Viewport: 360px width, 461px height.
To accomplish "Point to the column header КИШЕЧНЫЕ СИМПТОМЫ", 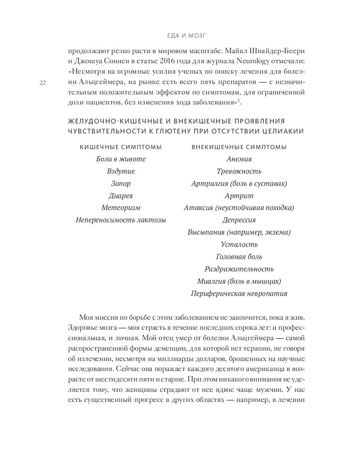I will click(121, 147).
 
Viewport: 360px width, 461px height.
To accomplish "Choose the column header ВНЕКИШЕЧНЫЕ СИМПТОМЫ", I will click(239, 147).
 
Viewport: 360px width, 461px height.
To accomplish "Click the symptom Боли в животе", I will click(121, 159).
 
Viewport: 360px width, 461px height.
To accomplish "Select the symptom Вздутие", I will click(121, 171).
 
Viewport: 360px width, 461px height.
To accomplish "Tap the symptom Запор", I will click(121, 184).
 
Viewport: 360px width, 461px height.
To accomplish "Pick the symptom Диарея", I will click(121, 196).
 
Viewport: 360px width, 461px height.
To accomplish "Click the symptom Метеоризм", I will click(121, 208).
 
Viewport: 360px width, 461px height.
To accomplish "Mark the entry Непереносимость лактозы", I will click(121, 220).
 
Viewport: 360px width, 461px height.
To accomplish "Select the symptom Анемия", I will click(239, 159).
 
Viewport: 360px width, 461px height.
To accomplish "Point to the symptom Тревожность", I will click(239, 171).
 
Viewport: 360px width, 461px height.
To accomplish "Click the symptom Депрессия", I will click(239, 220).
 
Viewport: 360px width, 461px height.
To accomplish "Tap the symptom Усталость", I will click(239, 245).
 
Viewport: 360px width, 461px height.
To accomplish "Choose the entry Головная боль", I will click(239, 257).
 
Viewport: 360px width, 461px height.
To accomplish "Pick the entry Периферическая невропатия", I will click(239, 294).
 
